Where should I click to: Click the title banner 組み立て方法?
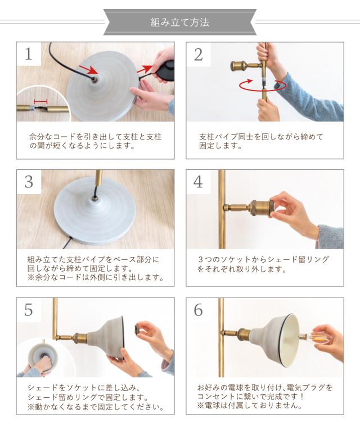(180, 22)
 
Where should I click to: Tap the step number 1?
(28, 54)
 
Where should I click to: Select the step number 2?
(199, 55)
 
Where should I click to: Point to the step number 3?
(29, 182)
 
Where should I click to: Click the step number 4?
(199, 182)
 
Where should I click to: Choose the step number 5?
(29, 310)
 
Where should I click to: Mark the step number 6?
(199, 310)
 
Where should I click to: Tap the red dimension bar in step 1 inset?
(40, 101)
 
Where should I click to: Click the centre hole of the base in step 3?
(94, 197)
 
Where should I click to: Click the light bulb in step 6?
(312, 336)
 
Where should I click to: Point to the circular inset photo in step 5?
(41, 357)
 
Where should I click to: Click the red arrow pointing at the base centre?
(88, 70)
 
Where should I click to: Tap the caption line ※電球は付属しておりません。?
(249, 405)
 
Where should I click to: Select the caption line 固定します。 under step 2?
(220, 146)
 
